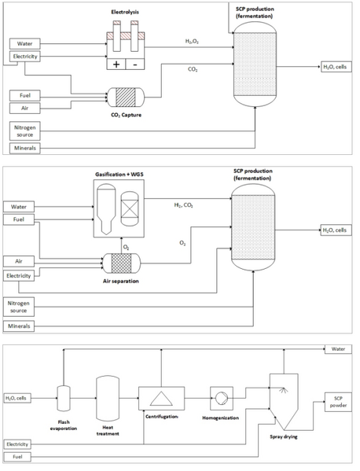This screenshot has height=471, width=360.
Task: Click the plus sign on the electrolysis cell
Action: click(x=116, y=64)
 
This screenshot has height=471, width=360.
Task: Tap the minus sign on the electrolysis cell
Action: click(x=135, y=64)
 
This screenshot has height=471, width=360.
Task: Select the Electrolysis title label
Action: click(x=125, y=12)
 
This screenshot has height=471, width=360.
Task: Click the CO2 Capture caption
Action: click(x=126, y=115)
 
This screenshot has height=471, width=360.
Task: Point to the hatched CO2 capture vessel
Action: click(x=126, y=97)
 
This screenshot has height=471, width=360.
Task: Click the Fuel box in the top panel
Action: click(x=25, y=95)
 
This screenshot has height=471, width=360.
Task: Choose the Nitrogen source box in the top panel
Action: click(x=25, y=131)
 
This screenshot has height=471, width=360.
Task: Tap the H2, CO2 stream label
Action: click(x=183, y=205)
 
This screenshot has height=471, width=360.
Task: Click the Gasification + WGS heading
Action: click(x=119, y=175)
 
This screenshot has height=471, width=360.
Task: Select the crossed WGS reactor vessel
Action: click(x=130, y=208)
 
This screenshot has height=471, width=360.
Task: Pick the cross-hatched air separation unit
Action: click(x=121, y=263)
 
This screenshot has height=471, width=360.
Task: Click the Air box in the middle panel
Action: click(x=19, y=261)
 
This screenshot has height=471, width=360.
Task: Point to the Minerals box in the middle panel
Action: click(x=19, y=326)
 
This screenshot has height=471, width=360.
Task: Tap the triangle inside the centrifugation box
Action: click(x=161, y=399)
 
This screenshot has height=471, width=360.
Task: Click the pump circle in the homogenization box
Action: click(x=222, y=398)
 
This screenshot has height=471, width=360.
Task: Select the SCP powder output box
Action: click(x=338, y=402)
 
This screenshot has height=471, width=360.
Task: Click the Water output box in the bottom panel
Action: click(x=338, y=349)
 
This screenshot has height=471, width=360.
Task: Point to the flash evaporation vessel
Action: click(x=64, y=399)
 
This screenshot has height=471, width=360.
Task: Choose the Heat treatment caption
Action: click(x=108, y=430)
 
